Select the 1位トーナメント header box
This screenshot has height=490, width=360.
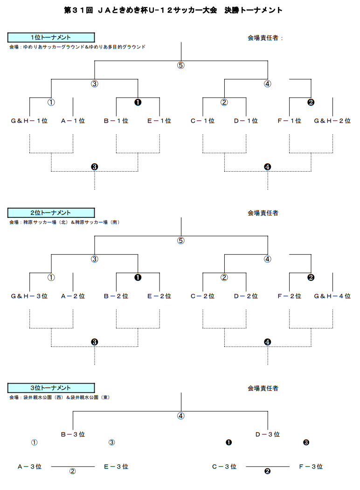tap(51, 37)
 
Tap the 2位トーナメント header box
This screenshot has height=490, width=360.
tap(51, 213)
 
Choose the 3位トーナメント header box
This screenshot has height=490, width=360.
tap(51, 388)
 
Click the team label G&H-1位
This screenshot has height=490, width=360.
tap(29, 121)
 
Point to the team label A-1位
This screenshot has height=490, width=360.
tap(73, 121)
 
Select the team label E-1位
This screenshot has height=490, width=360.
tap(159, 121)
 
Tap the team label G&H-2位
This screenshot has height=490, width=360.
tap(332, 121)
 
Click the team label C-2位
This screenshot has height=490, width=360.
tap(203, 296)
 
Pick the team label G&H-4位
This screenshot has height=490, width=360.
tap(332, 296)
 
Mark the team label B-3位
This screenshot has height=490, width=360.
tap(73, 434)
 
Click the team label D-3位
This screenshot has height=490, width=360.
tap(268, 434)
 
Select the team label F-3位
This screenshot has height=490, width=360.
tap(311, 466)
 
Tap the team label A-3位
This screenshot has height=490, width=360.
tap(29, 466)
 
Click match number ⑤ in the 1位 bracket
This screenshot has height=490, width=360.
tap(181, 65)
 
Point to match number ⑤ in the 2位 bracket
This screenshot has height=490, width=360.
tap(181, 241)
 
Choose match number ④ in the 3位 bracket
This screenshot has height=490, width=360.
tap(181, 416)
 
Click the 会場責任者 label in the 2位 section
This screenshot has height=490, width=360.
tap(263, 213)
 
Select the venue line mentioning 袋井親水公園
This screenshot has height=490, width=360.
tap(59, 398)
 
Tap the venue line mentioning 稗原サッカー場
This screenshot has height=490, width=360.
tap(64, 222)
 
